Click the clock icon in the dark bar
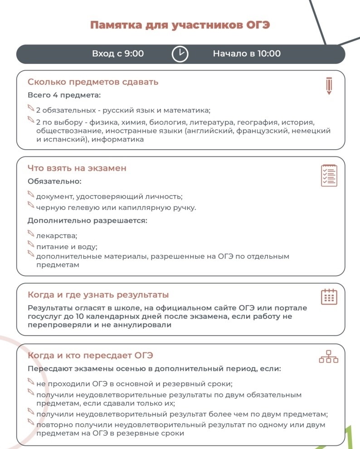[180, 54]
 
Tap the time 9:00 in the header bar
[134, 54]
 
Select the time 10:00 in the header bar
[269, 54]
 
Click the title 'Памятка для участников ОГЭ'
[180, 24]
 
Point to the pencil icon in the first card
[329, 86]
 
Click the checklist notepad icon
[329, 175]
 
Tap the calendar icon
[329, 296]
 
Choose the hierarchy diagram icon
[329, 357]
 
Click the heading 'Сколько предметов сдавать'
[93, 82]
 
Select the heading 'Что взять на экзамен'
[77, 168]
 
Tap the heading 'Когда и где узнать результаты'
[98, 295]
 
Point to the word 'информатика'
[118, 139]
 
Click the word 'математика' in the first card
[189, 110]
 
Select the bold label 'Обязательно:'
[54, 181]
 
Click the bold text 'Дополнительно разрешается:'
[88, 221]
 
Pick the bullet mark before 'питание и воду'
[31, 245]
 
